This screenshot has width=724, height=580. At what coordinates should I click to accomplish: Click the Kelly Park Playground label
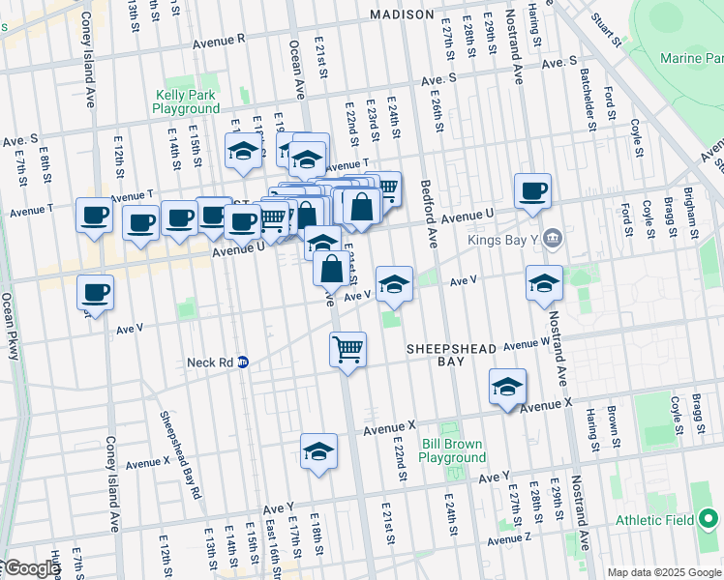pos(186,101)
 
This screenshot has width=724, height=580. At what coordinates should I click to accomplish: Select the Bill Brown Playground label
pos(453,450)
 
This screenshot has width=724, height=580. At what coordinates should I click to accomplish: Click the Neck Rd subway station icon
pos(243,362)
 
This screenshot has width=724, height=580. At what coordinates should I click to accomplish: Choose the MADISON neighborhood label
pos(402,14)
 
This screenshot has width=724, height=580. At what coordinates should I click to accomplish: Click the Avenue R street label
pos(219,43)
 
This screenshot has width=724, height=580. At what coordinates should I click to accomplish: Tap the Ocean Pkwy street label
pos(12,326)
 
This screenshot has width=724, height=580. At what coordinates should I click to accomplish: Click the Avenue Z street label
pos(509,538)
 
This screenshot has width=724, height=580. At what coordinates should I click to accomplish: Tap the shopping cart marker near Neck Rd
pos(347,349)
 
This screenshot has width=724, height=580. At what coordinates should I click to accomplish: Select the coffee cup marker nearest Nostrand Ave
pos(532,190)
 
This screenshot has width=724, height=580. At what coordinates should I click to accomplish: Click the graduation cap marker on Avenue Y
pos(318,450)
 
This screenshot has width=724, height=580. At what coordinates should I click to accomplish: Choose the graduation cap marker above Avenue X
pos(507,386)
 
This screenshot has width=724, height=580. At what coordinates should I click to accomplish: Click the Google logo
pos(31,568)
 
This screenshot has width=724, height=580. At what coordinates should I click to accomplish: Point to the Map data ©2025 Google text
pos(663,572)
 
